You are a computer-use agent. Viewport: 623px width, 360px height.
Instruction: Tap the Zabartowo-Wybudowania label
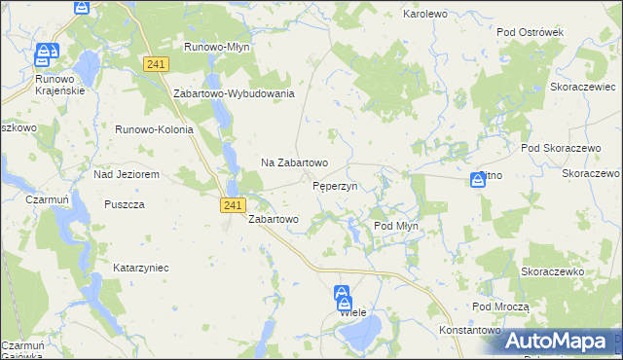(234, 93)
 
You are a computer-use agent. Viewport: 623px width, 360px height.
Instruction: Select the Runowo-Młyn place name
(218, 47)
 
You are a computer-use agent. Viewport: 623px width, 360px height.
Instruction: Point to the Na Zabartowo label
(293, 162)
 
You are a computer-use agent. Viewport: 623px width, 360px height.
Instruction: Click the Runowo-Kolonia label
(155, 129)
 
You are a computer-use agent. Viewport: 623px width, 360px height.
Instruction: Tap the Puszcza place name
(125, 205)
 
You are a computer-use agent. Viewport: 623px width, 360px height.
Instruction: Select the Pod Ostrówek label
(531, 32)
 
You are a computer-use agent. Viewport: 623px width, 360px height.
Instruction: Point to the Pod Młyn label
(396, 226)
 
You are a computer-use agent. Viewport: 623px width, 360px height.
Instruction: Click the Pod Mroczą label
(500, 306)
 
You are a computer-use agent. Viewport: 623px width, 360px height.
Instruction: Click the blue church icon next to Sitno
(478, 179)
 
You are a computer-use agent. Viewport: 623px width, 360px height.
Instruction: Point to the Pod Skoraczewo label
(558, 147)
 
